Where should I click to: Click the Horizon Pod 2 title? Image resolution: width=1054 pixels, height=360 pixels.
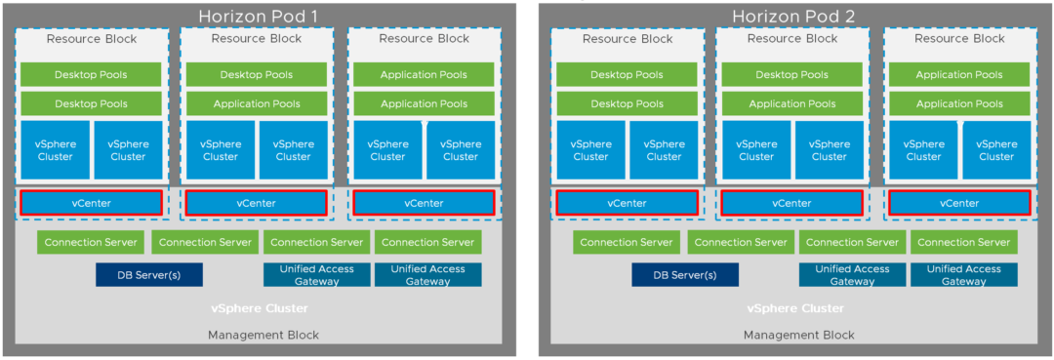click(794, 17)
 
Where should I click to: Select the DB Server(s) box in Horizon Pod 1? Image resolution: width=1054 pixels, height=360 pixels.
click(148, 274)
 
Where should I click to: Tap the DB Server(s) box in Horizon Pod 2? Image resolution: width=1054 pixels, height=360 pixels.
click(684, 274)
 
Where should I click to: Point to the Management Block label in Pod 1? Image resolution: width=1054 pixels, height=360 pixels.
click(263, 335)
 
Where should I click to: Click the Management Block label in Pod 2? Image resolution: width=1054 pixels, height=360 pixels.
click(798, 335)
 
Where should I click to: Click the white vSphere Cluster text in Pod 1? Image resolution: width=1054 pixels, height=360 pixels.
click(260, 308)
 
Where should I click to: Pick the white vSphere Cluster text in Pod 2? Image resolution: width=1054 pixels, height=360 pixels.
click(795, 308)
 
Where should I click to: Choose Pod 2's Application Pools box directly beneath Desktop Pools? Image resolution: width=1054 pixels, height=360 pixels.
click(791, 103)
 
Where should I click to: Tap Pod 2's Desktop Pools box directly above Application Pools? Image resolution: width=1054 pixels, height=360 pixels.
click(791, 75)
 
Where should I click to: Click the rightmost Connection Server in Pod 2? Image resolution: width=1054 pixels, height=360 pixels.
click(963, 242)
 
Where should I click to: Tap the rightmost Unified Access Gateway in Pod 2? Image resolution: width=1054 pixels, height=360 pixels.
click(963, 274)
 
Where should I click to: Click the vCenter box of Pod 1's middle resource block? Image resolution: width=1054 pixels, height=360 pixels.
click(256, 203)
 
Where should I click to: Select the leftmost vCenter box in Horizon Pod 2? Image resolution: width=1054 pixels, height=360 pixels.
click(627, 203)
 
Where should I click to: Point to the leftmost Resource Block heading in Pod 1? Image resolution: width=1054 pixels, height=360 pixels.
click(92, 39)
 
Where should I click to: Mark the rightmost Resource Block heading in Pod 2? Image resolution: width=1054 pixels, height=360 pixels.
click(959, 39)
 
